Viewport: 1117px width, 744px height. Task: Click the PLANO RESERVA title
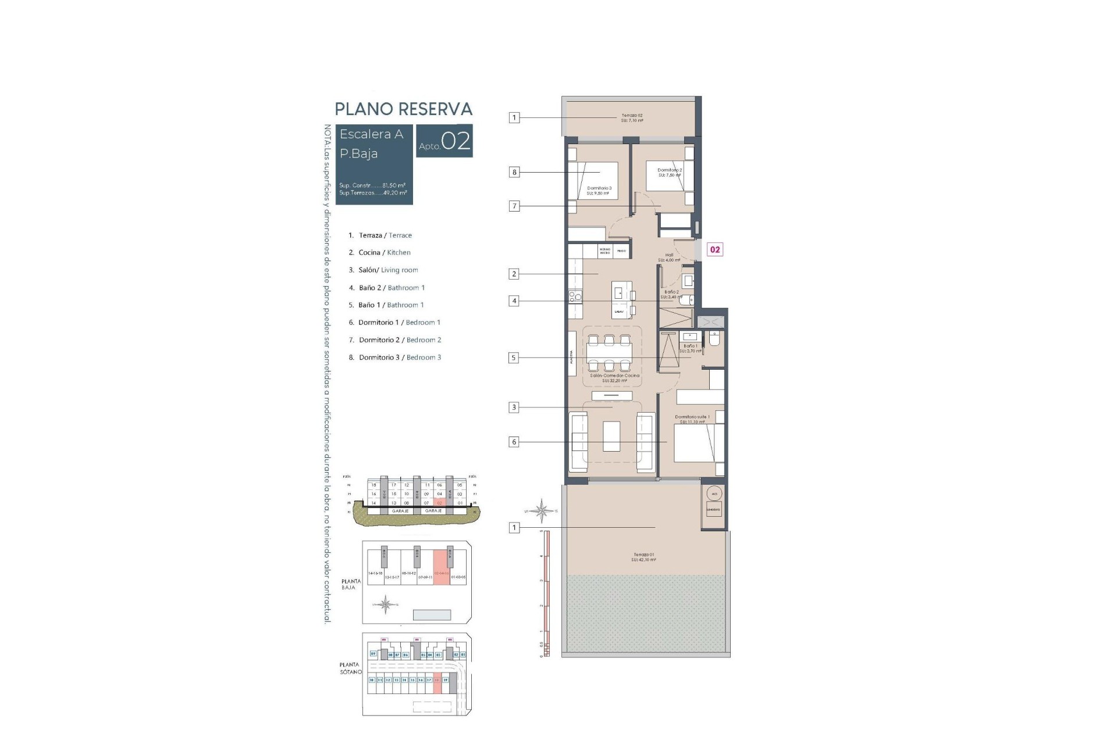pyautogui.click(x=403, y=109)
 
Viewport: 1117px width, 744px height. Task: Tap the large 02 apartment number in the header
pyautogui.click(x=456, y=141)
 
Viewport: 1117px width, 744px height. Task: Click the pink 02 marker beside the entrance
pyautogui.click(x=715, y=249)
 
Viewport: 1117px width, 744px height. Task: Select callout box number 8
pyautogui.click(x=514, y=172)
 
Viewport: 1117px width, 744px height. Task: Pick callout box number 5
pyautogui.click(x=514, y=358)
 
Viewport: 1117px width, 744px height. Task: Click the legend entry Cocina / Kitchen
pyautogui.click(x=384, y=252)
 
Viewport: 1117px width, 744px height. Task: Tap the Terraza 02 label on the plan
pyautogui.click(x=632, y=118)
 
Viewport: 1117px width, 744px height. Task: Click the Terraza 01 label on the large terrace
pyautogui.click(x=643, y=557)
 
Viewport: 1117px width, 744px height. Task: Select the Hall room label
pyautogui.click(x=669, y=257)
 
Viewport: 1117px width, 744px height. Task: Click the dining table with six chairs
pyautogui.click(x=609, y=353)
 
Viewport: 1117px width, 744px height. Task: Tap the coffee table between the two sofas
pyautogui.click(x=611, y=436)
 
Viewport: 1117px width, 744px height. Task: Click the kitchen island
pyautogui.click(x=620, y=299)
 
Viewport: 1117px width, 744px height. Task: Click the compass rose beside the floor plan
pyautogui.click(x=542, y=511)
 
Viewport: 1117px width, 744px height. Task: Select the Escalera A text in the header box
pyautogui.click(x=371, y=134)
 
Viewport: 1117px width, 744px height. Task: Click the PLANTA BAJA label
pyautogui.click(x=351, y=584)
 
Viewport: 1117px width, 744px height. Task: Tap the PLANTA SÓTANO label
pyautogui.click(x=351, y=668)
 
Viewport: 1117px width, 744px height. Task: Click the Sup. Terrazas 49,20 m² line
pyautogui.click(x=373, y=193)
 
